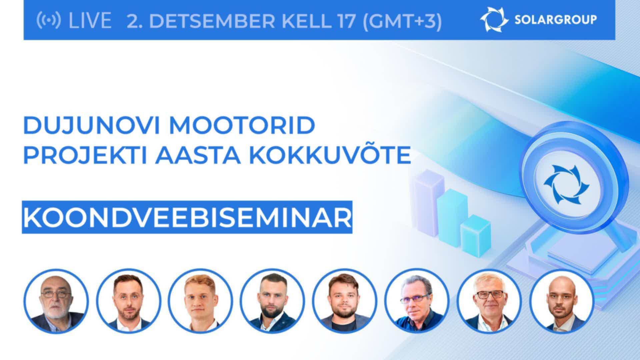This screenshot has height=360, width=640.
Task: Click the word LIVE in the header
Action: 90,21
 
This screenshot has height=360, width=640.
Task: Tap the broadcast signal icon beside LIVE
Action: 49,21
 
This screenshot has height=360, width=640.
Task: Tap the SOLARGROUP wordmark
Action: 556,20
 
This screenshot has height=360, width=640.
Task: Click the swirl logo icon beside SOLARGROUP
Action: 494,20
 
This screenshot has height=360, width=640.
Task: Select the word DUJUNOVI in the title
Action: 93,126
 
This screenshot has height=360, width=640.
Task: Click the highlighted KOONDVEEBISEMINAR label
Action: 187,217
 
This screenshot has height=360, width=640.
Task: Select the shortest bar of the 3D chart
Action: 476,235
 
